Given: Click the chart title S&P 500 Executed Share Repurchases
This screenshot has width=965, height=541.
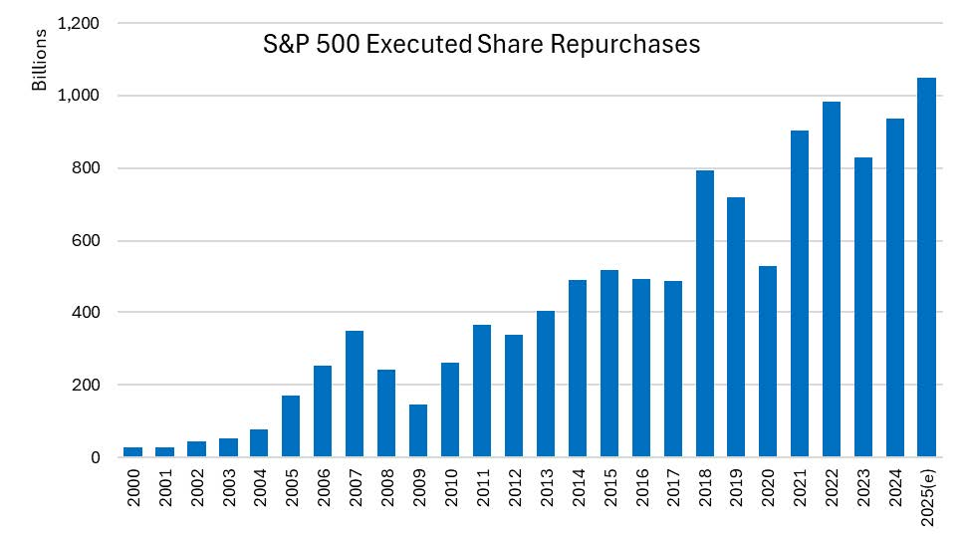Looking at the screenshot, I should tap(482, 45).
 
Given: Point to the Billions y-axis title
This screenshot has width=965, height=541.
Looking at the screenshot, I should tap(40, 60).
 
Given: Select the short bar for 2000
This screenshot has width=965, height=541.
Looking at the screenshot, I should tap(132, 452).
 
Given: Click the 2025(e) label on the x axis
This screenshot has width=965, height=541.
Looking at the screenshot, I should tap(927, 496).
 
